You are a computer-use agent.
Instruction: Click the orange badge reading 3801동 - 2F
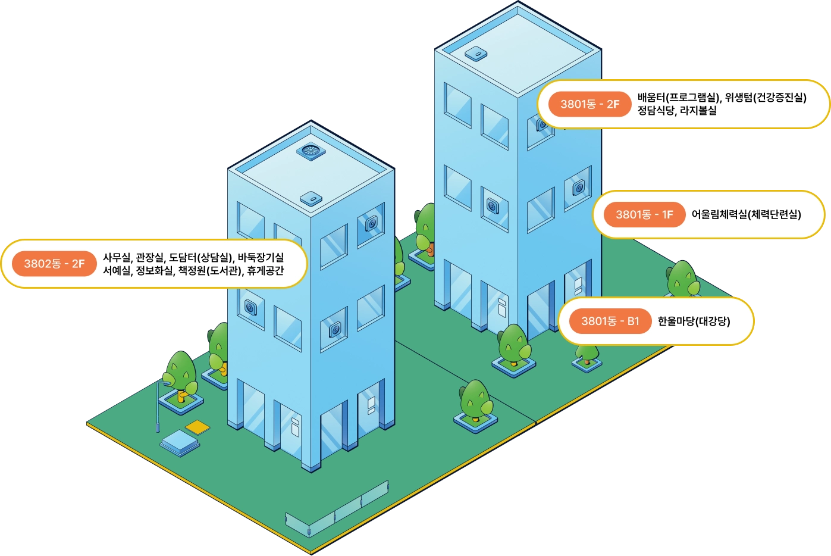[589, 104]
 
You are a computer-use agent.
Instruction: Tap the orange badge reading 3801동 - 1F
[644, 215]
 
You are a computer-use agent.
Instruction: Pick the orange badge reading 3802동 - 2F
[54, 264]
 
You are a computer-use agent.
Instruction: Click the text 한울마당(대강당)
[694, 321]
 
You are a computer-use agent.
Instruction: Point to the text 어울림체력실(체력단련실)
[746, 215]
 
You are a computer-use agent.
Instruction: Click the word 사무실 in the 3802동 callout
[116, 258]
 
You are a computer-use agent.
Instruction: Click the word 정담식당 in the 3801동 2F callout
[656, 111]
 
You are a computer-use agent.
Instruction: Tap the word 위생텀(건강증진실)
[766, 98]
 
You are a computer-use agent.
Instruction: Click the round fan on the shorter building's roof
[311, 151]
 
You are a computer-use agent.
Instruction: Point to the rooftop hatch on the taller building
[476, 54]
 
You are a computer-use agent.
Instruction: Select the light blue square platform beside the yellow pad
[180, 442]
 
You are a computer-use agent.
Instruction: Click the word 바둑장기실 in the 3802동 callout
[261, 258]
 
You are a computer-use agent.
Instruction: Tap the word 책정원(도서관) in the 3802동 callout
[211, 271]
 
